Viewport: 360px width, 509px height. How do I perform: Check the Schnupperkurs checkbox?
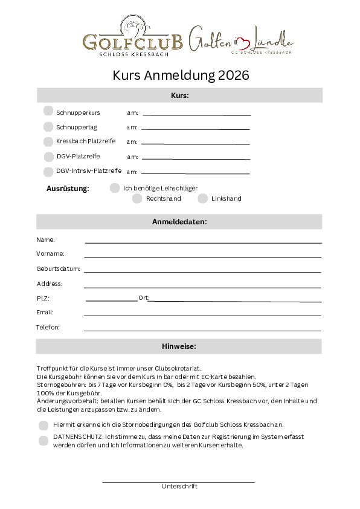pos(48,111)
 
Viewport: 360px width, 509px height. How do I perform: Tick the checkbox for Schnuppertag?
pos(48,126)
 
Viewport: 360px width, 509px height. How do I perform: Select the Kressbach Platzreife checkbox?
pos(48,141)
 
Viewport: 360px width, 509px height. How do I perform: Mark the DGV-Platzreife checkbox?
pos(48,156)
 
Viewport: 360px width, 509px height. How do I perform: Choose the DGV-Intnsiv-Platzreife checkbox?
pos(48,171)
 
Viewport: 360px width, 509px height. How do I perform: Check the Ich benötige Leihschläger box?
pos(115,188)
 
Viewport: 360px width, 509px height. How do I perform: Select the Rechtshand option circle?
pos(137,198)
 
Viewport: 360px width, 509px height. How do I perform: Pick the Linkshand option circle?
pos(203,198)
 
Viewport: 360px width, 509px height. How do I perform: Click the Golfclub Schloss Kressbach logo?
pos(133,37)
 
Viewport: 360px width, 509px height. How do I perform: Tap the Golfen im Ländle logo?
pos(240,39)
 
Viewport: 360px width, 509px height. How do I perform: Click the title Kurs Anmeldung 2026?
pos(180,76)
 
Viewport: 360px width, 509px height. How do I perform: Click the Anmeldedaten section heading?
pos(179,222)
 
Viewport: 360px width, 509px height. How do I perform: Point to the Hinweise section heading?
pos(179,346)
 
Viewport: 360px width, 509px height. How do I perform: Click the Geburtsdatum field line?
pos(202,271)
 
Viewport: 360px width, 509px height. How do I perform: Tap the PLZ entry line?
pos(111,300)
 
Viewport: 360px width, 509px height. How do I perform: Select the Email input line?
pos(202,316)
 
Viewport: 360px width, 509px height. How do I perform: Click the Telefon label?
pos(48,328)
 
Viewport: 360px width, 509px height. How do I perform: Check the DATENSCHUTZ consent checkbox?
pos(43,440)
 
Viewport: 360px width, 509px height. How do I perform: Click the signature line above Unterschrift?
pos(178,482)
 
